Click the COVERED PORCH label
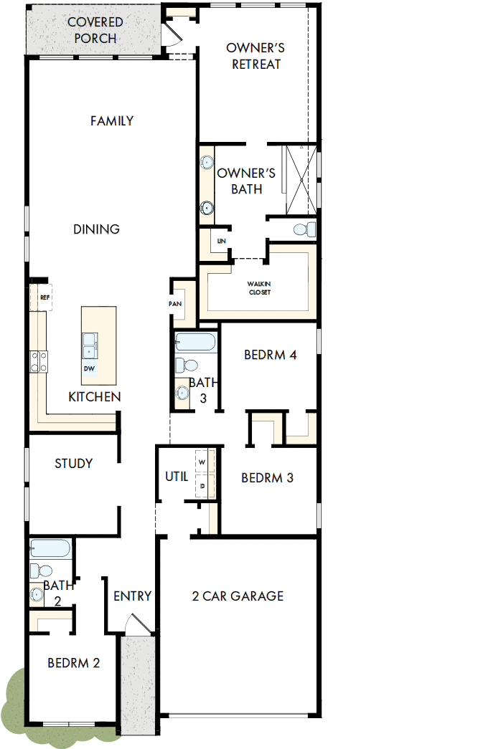[95, 30]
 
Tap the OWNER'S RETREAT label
[255, 56]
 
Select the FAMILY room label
[112, 121]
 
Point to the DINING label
[96, 229]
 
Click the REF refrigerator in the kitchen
[43, 297]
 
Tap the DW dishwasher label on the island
[89, 369]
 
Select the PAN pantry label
[175, 303]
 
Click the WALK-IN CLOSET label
[259, 288]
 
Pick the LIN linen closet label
[221, 242]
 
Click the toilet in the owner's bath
[304, 229]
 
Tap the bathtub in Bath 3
[194, 341]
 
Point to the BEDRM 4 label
[270, 355]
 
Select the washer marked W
[202, 463]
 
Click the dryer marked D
[202, 486]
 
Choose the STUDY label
[73, 464]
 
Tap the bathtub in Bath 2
[50, 549]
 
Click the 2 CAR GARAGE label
[238, 596]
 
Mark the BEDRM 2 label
[73, 663]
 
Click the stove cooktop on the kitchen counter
[38, 361]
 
